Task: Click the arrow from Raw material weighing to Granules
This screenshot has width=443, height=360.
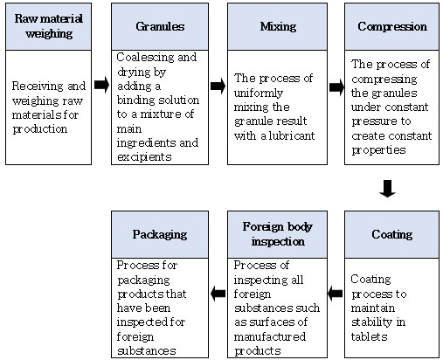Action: pyautogui.click(x=101, y=85)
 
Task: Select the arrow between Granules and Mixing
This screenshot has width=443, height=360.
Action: pyautogui.click(x=218, y=86)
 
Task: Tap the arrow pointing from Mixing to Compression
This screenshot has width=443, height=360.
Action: pyautogui.click(x=336, y=87)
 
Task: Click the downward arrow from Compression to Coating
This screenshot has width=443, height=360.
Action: pyautogui.click(x=388, y=189)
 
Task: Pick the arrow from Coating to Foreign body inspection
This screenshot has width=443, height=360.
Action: pyautogui.click(x=335, y=294)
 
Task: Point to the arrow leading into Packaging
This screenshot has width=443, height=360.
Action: pyautogui.click(x=218, y=294)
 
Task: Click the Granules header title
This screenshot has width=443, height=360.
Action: pyautogui.click(x=160, y=26)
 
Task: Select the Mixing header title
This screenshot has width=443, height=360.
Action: pyautogui.click(x=278, y=26)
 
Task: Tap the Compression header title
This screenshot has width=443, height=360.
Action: pyautogui.click(x=392, y=26)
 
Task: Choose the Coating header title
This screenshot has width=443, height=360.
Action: pyautogui.click(x=392, y=234)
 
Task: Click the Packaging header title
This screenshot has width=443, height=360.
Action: pyautogui.click(x=160, y=234)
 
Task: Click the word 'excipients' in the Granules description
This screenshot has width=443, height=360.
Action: pyautogui.click(x=144, y=157)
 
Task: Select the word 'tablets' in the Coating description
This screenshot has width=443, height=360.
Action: pyautogui.click(x=369, y=336)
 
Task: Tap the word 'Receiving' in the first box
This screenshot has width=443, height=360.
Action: pyautogui.click(x=38, y=87)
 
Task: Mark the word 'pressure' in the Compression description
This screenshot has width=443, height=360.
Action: pyautogui.click(x=371, y=121)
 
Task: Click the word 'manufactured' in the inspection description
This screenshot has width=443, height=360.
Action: pyautogui.click(x=270, y=336)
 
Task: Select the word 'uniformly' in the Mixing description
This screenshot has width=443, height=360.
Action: pyautogui.click(x=259, y=93)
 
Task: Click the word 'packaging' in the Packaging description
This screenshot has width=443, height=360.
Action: pyautogui.click(x=143, y=280)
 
